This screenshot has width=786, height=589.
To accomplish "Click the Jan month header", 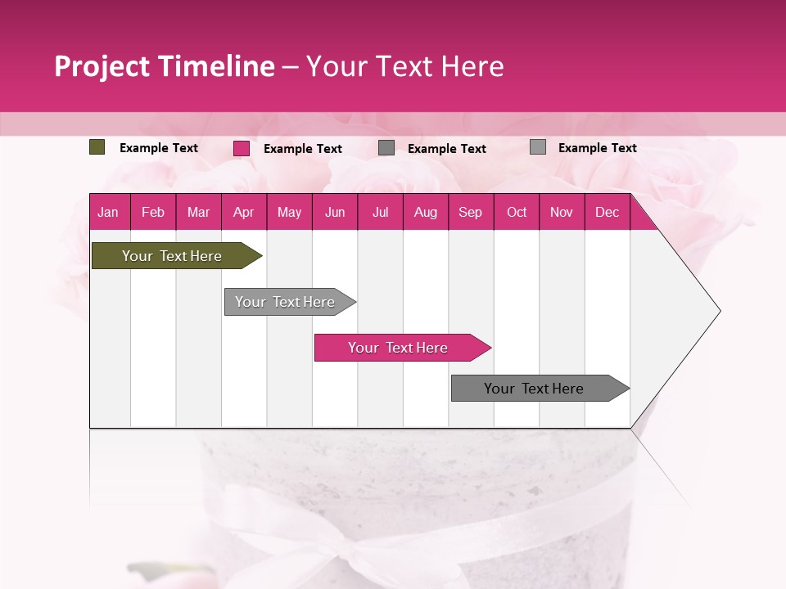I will tap(109, 212).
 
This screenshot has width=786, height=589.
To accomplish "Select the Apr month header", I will tap(243, 212).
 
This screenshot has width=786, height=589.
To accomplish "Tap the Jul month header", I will tap(380, 212).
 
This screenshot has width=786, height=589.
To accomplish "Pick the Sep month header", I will tap(470, 212).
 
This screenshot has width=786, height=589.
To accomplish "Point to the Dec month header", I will tap(607, 212).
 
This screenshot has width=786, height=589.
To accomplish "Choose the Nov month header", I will tap(561, 212).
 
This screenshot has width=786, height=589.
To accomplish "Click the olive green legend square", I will tap(97, 147).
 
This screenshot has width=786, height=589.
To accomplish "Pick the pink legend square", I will tap(241, 148).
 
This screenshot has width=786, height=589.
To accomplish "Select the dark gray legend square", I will tap(386, 148).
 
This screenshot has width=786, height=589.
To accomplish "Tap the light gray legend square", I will tap(537, 147).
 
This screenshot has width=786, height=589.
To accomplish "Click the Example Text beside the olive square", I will tap(159, 148).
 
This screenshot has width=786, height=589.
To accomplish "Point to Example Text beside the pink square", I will tap(303, 149).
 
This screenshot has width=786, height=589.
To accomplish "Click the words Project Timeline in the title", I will tap(164, 66).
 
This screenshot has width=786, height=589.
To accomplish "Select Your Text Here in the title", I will tap(404, 66).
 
